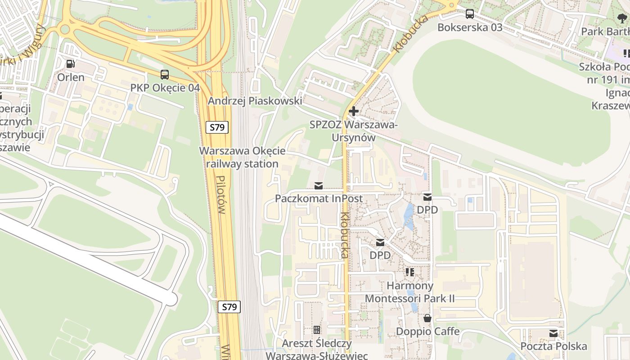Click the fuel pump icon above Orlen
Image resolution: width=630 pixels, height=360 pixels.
click(x=70, y=64)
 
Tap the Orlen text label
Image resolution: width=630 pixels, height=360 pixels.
click(x=71, y=77)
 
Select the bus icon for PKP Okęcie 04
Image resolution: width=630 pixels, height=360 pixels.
click(x=165, y=75)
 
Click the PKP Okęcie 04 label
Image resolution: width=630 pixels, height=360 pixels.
click(x=165, y=88)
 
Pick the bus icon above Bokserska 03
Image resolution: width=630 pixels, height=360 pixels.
click(x=470, y=14)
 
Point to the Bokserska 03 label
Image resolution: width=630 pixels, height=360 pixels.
click(x=470, y=27)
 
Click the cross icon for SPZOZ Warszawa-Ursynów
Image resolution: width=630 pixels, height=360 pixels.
click(x=354, y=111)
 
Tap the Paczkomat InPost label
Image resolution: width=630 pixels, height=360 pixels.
click(x=319, y=198)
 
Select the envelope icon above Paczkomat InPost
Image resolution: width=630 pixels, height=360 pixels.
click(x=319, y=185)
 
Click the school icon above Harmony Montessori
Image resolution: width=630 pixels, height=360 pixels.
click(x=410, y=272)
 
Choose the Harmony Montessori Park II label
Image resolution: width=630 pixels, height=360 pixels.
click(x=410, y=292)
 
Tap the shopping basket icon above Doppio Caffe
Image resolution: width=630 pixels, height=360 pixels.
click(x=427, y=319)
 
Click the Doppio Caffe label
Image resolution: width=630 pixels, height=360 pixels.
click(x=427, y=332)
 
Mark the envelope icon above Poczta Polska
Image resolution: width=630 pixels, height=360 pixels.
click(x=553, y=333)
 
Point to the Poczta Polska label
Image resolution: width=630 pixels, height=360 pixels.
click(x=553, y=346)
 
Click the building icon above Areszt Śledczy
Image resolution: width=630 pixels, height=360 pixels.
click(x=317, y=330)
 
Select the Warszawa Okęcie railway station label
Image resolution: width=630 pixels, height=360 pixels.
click(x=242, y=157)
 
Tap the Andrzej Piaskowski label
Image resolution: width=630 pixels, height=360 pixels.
click(x=255, y=101)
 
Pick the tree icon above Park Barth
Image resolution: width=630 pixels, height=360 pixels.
click(x=622, y=18)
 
